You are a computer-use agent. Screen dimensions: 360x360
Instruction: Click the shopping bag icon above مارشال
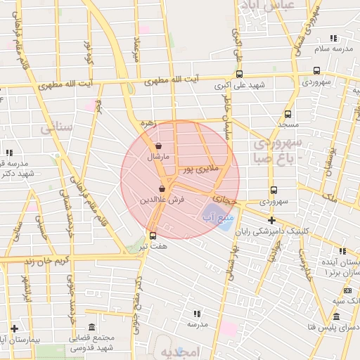(x=158, y=146)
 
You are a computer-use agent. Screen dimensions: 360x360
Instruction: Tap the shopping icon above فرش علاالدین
(x=162, y=188)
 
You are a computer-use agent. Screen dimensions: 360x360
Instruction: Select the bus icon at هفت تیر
(x=153, y=236)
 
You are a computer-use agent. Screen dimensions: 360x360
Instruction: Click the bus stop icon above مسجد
(x=288, y=113)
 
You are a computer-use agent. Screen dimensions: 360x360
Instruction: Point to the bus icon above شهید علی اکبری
(x=240, y=74)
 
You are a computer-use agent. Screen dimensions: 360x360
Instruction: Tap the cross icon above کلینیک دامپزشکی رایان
(x=272, y=220)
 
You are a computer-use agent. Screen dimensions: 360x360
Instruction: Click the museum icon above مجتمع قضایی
(x=92, y=326)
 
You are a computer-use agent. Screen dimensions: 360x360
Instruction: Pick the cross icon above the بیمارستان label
(x=14, y=328)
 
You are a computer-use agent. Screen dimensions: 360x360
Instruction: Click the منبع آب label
(x=213, y=218)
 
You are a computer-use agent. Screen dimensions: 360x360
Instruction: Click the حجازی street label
(x=225, y=196)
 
